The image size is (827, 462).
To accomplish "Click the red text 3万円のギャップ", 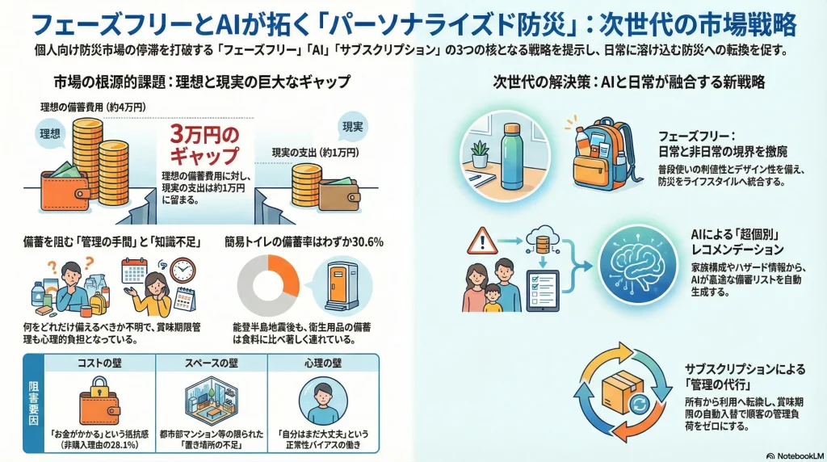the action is (x=204, y=145).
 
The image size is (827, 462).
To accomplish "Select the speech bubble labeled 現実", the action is (x=352, y=127).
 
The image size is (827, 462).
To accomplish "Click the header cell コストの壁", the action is (x=99, y=363).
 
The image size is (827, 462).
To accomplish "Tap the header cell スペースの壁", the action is (x=211, y=363).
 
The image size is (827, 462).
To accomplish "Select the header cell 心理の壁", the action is (x=323, y=363).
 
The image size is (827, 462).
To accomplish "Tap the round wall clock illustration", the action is (x=183, y=271).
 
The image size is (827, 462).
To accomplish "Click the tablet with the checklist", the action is (x=543, y=290).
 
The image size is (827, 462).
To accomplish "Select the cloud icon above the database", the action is (x=542, y=235).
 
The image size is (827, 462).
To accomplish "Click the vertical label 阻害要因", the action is (x=33, y=403).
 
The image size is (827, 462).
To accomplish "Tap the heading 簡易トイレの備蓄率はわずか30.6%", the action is (x=304, y=242).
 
